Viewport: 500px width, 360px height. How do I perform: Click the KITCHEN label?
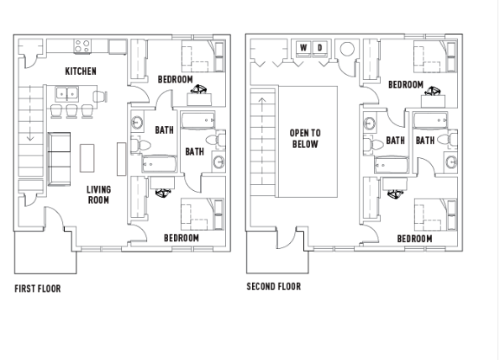[x=81, y=71]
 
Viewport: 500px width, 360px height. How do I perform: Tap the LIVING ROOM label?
[x=98, y=194]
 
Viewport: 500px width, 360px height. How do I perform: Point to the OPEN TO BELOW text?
[x=305, y=139]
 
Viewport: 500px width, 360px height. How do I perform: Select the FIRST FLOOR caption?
[x=38, y=289]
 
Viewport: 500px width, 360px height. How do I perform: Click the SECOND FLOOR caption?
[x=274, y=286]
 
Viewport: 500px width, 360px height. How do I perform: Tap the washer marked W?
[x=303, y=48]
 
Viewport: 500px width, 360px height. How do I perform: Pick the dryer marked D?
[x=320, y=48]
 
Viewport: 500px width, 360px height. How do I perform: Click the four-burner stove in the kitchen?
[x=82, y=46]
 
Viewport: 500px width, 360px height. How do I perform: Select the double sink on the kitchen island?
[x=67, y=94]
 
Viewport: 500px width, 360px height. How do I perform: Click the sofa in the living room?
[x=59, y=159]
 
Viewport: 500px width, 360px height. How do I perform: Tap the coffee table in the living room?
[x=87, y=158]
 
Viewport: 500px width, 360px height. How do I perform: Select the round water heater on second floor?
[x=347, y=49]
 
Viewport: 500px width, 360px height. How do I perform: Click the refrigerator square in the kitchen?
[x=118, y=46]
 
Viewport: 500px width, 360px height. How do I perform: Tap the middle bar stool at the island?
[x=71, y=111]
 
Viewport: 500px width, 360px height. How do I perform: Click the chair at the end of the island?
[x=100, y=97]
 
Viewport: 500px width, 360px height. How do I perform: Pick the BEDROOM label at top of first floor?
[x=176, y=79]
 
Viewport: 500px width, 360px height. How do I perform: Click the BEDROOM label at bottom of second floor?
[x=414, y=239]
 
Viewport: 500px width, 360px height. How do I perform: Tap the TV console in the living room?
[x=121, y=159]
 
